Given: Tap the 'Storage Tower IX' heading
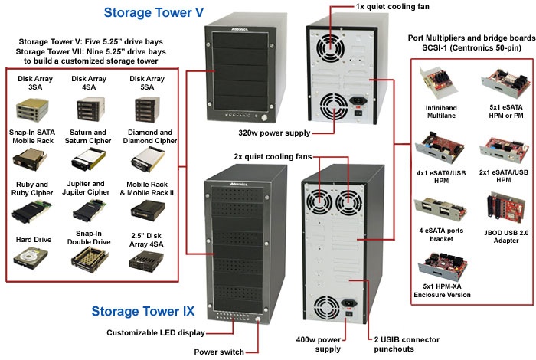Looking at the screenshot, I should [x=142, y=311].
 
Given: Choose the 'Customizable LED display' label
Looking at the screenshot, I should [x=157, y=332].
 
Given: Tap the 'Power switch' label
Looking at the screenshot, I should [x=219, y=352].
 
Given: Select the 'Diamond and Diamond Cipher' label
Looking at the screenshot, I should [x=148, y=136].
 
